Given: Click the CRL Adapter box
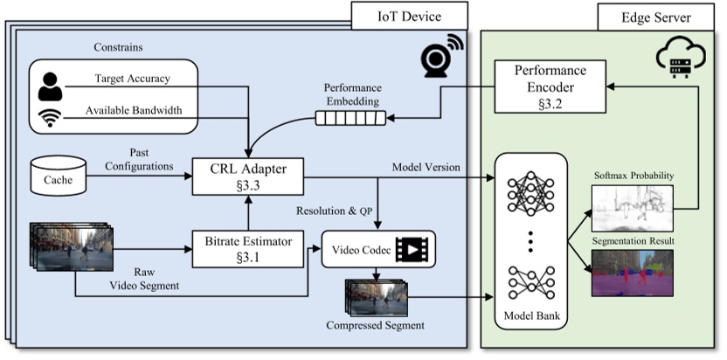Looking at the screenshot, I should tap(249, 175).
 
